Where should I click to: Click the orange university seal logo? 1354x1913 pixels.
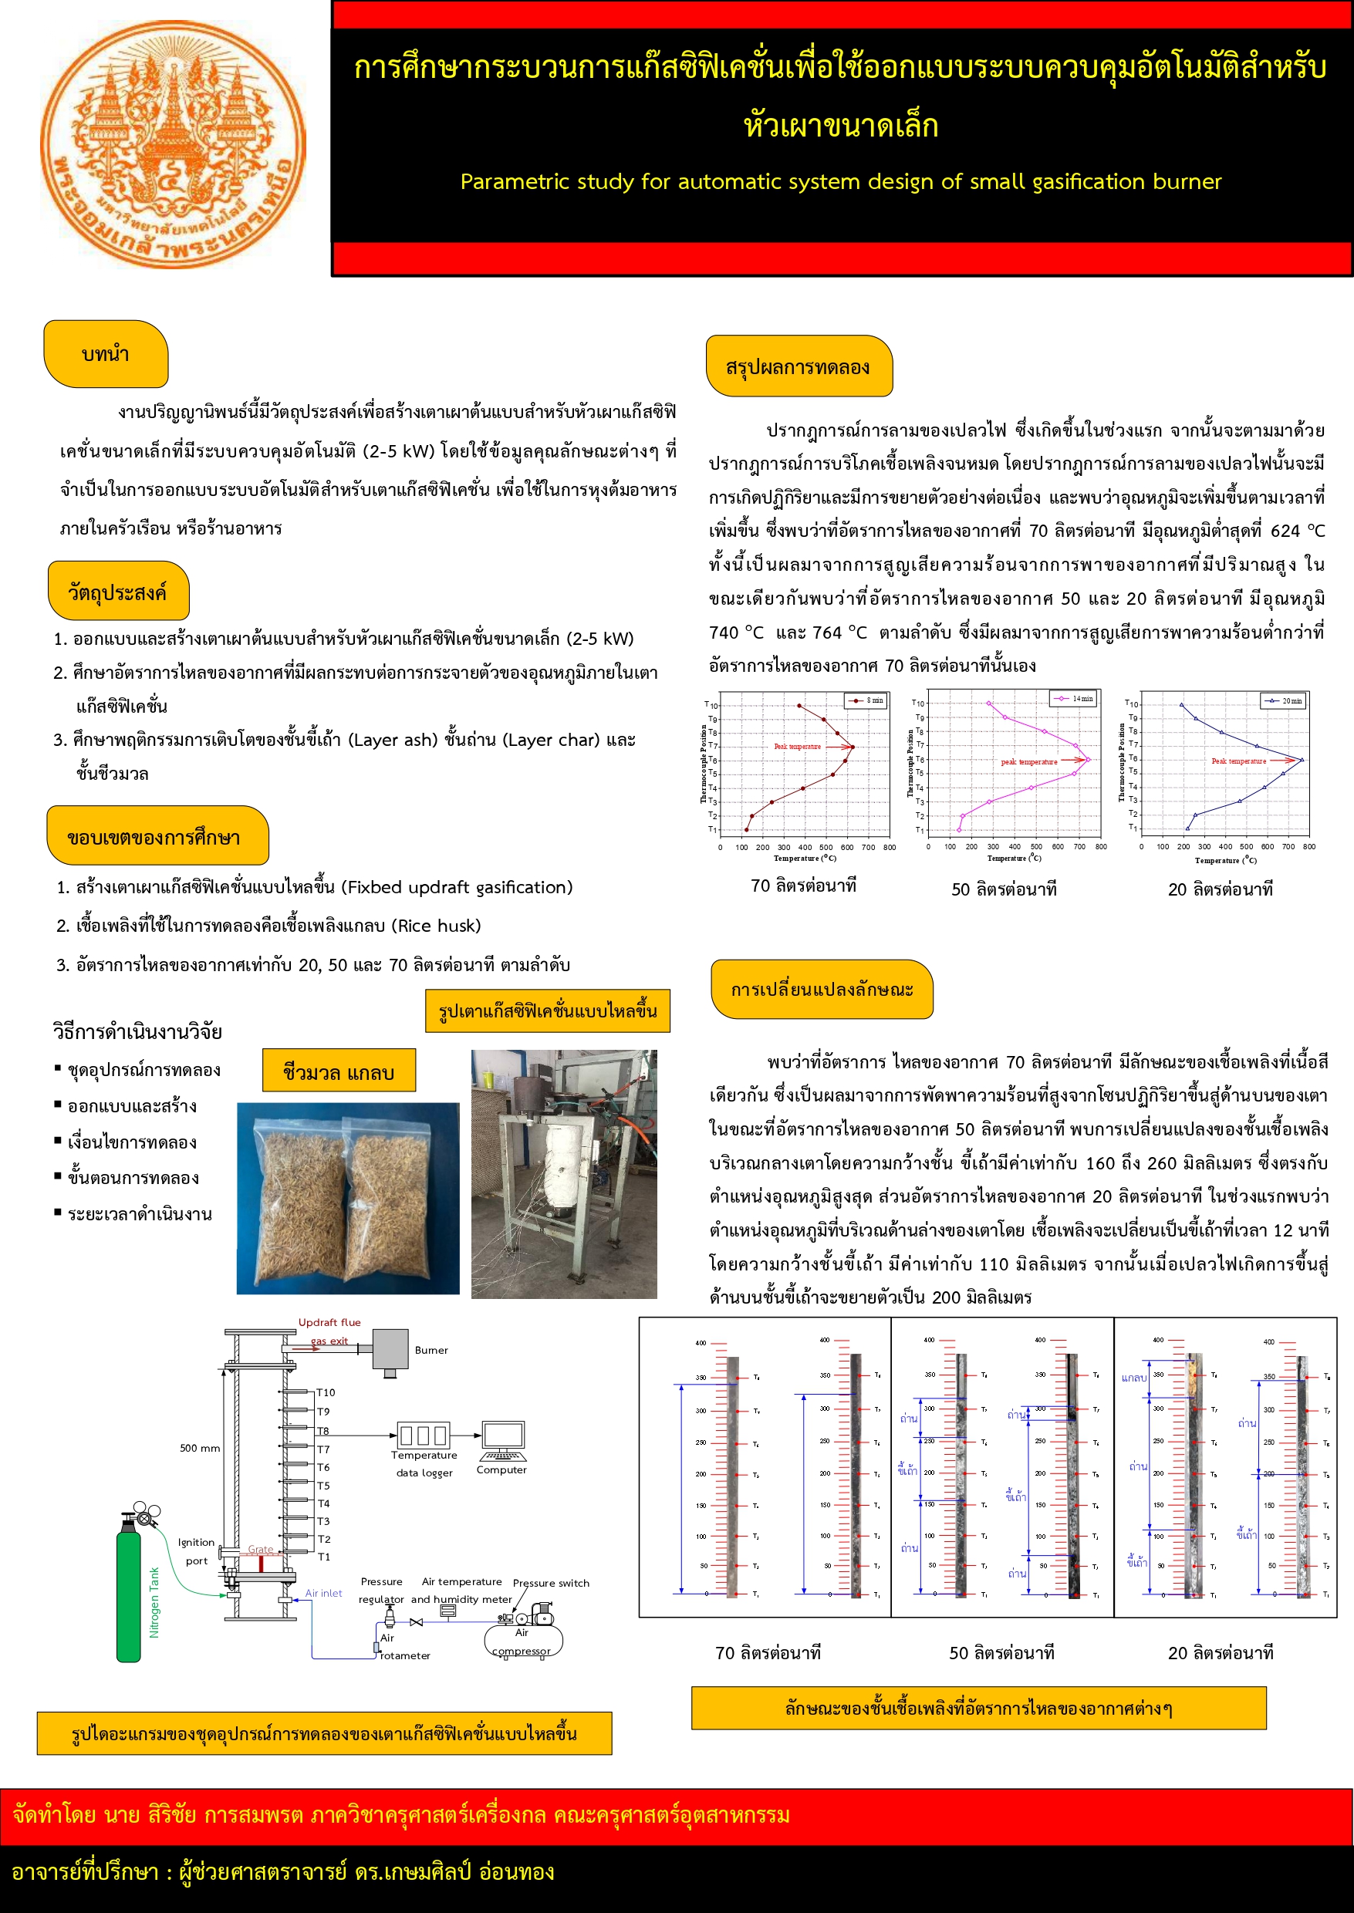[173, 144]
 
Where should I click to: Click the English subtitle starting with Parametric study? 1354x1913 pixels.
[840, 182]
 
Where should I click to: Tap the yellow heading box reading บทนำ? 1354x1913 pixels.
[106, 354]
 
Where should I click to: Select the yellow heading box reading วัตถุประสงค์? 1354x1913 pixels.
[117, 592]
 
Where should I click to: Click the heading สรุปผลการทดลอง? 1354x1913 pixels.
[798, 366]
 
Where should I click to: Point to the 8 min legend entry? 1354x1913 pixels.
[867, 700]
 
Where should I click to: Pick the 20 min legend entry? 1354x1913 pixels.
[1285, 701]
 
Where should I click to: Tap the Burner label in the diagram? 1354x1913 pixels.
[431, 1351]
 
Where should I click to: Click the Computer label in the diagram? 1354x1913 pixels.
[501, 1469]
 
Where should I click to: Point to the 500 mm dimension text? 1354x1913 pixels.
[200, 1448]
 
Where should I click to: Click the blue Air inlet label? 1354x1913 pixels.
[323, 1593]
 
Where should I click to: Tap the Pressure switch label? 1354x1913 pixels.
[550, 1583]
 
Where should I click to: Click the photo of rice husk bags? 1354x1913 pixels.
[348, 1198]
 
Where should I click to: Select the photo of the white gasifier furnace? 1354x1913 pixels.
[564, 1173]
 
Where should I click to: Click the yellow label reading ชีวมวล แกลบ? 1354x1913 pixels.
[339, 1071]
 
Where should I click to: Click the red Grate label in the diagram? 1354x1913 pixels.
[260, 1550]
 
